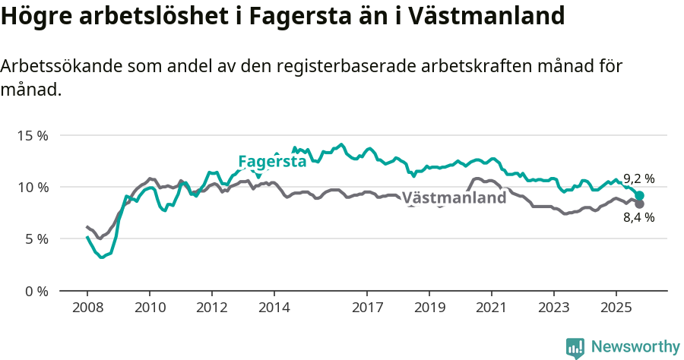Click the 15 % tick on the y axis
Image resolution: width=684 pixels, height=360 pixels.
33,135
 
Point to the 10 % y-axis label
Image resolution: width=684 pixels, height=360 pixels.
33,187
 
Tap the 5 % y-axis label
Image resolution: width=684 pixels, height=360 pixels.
36,238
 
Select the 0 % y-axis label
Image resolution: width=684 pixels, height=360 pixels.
36,291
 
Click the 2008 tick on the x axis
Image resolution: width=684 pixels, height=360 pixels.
87,309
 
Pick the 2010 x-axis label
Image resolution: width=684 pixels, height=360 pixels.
150,309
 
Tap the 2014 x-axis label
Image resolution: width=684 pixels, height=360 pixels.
274,309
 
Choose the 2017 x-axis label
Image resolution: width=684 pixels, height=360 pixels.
367,309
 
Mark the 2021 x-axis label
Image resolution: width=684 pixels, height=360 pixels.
491,309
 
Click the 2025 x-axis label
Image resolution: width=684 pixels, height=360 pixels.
616,309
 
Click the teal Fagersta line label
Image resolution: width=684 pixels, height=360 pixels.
272,161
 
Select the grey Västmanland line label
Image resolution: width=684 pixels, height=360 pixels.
454,198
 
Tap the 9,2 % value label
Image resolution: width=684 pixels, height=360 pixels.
638,178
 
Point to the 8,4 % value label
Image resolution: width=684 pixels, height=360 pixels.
638,217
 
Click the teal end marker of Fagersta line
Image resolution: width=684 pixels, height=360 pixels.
640,195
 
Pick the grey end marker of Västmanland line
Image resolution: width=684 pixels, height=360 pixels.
640,204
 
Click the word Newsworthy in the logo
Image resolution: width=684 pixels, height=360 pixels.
635,347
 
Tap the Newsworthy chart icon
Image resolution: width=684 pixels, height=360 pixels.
575,348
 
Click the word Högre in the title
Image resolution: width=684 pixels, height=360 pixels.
33,17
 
